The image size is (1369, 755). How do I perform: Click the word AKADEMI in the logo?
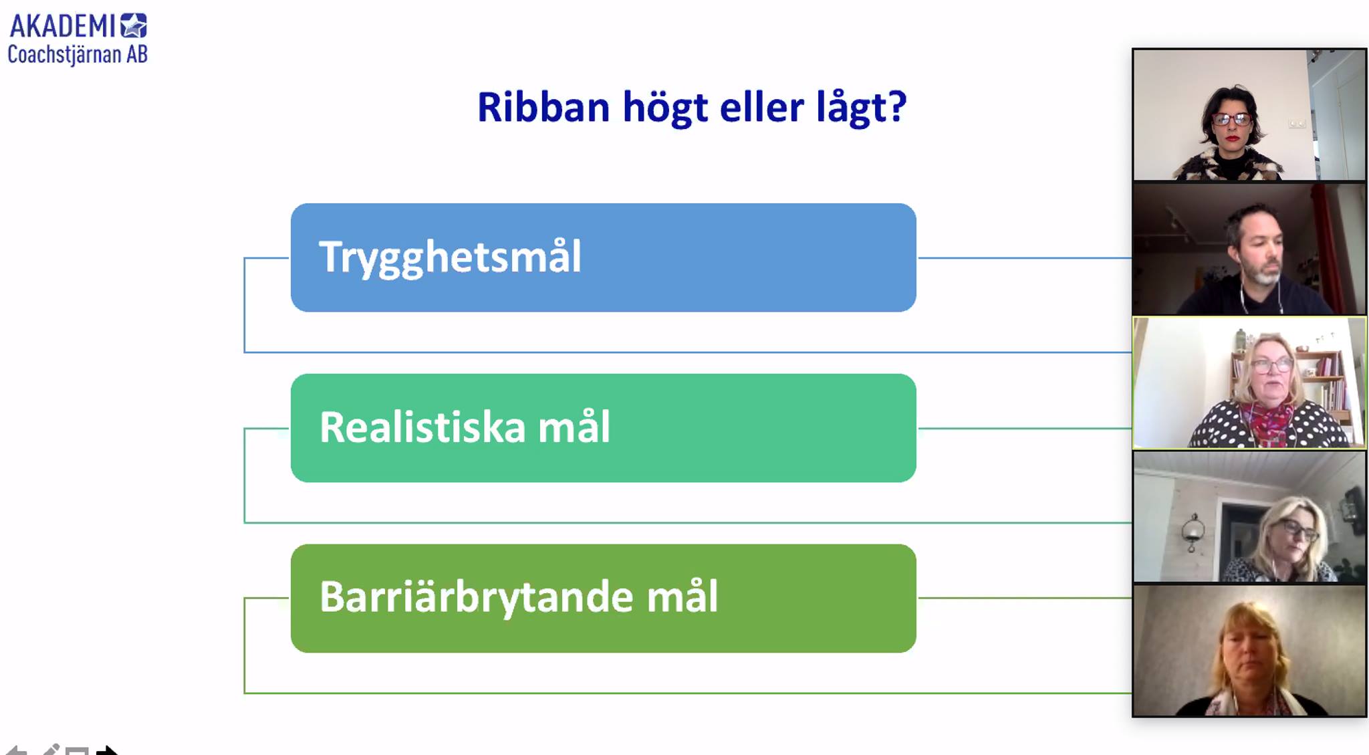click(63, 26)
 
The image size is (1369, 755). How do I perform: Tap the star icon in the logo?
click(134, 25)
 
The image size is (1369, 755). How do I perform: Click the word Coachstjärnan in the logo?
click(65, 54)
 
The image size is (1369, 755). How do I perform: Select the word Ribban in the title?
click(543, 107)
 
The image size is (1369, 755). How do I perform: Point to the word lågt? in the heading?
click(861, 108)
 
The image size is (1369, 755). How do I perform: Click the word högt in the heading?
click(664, 108)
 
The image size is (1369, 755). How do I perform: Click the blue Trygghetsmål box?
click(603, 257)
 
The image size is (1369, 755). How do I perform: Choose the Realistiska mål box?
click(603, 428)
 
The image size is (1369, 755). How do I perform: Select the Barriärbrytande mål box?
click(603, 599)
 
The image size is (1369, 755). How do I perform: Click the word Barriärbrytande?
click(476, 597)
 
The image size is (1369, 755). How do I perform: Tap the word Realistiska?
click(422, 427)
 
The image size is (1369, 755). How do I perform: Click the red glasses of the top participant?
click(1232, 119)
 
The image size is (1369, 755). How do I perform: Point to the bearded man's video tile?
click(1249, 249)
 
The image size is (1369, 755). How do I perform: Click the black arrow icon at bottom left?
click(107, 750)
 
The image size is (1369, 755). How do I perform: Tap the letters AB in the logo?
click(137, 54)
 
